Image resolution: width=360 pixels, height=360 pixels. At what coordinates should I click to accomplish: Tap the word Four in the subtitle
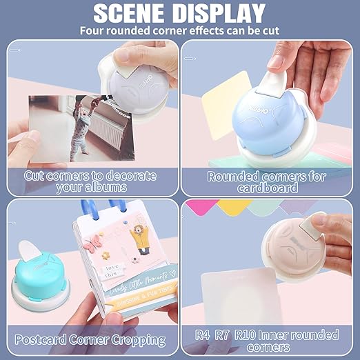94,30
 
